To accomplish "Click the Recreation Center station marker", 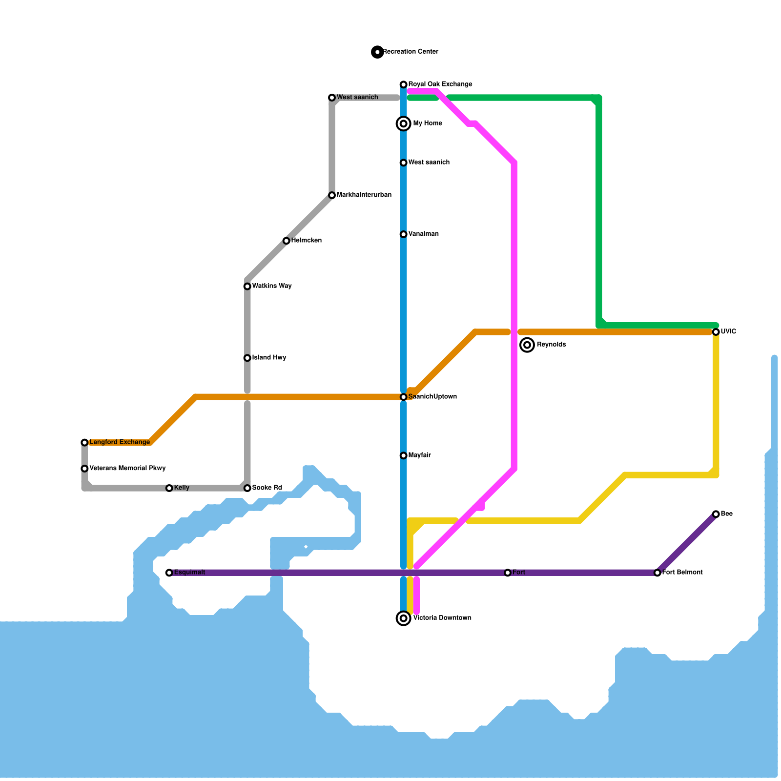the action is [x=377, y=52].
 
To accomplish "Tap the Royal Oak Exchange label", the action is [x=440, y=84].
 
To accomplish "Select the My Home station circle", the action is [x=404, y=123].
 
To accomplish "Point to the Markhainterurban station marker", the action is [x=332, y=195].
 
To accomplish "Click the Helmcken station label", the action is [x=306, y=241].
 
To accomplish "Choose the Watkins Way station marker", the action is [x=247, y=286].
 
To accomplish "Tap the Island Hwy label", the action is [x=269, y=358].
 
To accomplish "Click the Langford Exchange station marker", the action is [x=85, y=442].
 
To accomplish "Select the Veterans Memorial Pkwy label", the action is [x=127, y=469].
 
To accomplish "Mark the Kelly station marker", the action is [x=169, y=488].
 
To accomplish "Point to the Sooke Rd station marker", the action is [x=247, y=488].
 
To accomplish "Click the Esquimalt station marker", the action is [x=169, y=573].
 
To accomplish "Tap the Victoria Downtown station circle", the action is [x=404, y=618].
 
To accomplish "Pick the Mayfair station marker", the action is [x=404, y=455].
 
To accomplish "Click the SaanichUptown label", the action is [x=432, y=397].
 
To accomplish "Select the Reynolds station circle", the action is [x=527, y=345].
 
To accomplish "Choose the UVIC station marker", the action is [x=716, y=332].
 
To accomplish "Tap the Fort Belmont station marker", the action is [x=658, y=573].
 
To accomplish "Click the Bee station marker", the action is [x=716, y=514].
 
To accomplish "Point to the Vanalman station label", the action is [x=423, y=234].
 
